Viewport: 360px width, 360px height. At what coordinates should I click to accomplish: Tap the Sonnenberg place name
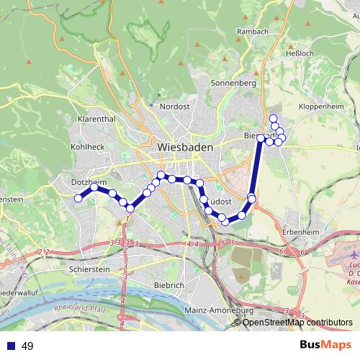[x=233, y=83]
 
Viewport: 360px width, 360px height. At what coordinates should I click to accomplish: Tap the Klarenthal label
[x=96, y=119]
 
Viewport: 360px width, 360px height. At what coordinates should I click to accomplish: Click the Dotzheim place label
[x=87, y=183]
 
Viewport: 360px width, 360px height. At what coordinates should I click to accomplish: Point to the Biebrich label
[x=169, y=285]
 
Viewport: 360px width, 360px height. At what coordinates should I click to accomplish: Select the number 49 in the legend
[x=28, y=346]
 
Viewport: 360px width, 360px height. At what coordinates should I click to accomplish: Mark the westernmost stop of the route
[x=78, y=199]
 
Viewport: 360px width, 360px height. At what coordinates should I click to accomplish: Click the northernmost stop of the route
[x=272, y=118]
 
